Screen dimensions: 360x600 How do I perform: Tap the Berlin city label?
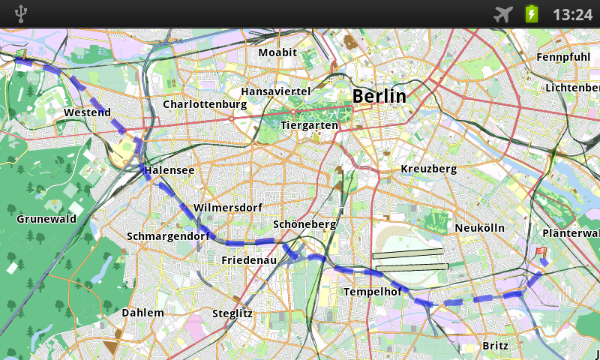pyautogui.click(x=379, y=96)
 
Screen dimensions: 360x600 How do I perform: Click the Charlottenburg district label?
pyautogui.click(x=205, y=104)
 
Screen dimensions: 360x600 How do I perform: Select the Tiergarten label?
pyautogui.click(x=309, y=125)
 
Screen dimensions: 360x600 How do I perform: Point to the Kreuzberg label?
pyautogui.click(x=428, y=169)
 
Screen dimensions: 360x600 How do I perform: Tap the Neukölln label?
pyautogui.click(x=479, y=227)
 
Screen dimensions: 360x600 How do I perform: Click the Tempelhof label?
pyautogui.click(x=373, y=291)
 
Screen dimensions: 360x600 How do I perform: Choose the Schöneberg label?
pyautogui.click(x=304, y=223)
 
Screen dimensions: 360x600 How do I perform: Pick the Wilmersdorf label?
pyautogui.click(x=226, y=207)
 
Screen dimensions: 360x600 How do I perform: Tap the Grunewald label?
pyautogui.click(x=46, y=219)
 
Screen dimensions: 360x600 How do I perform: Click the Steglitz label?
pyautogui.click(x=232, y=313)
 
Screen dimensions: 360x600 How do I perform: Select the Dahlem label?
pyautogui.click(x=142, y=312)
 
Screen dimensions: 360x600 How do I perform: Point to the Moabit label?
pyautogui.click(x=277, y=52)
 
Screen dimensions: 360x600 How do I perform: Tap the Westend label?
pyautogui.click(x=87, y=112)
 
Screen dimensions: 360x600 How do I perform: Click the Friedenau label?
pyautogui.click(x=249, y=259)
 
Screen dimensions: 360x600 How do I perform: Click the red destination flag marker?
pyautogui.click(x=541, y=253)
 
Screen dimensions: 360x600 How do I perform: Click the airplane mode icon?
pyautogui.click(x=503, y=13)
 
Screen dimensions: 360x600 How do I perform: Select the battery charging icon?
pyautogui.click(x=532, y=13)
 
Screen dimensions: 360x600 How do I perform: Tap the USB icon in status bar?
pyautogui.click(x=20, y=13)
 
